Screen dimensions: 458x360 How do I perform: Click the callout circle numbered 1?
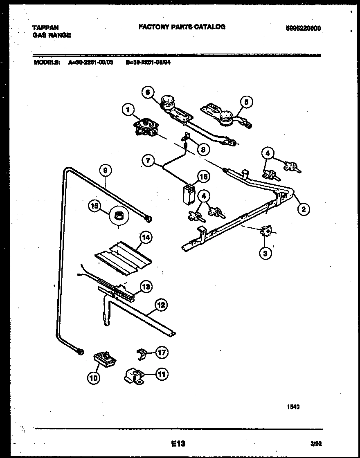coord(128,109)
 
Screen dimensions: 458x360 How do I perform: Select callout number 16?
coord(203,176)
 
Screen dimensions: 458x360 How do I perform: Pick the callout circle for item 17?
coord(162,352)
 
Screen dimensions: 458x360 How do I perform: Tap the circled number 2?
coord(303,210)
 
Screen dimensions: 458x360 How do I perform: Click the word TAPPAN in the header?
coord(45,27)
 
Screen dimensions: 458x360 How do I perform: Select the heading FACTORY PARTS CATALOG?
coord(182,27)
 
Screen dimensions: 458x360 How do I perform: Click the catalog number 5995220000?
coord(303,28)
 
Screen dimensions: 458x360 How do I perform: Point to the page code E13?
coord(178,443)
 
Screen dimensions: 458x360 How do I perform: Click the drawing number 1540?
coord(293,406)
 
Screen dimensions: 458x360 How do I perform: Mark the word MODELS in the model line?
coord(46,63)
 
